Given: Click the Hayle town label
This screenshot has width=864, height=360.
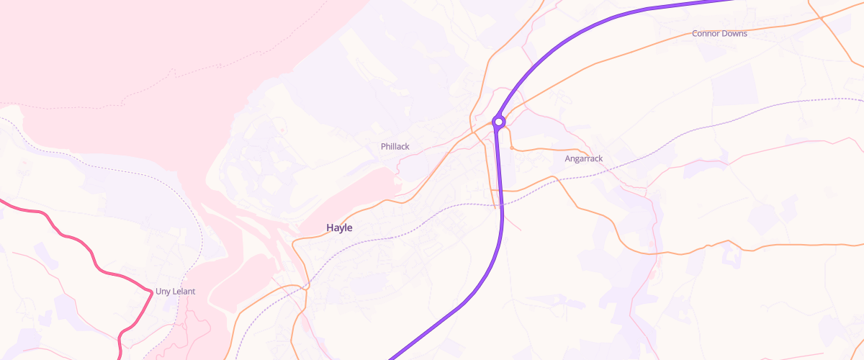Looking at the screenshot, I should (339, 228).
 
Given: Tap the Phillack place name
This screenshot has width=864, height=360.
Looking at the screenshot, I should (395, 147).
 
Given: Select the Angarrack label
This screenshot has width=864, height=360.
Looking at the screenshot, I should (583, 158).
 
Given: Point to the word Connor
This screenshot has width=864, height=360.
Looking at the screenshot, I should (706, 34).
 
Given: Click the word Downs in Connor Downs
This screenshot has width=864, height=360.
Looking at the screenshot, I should (735, 34).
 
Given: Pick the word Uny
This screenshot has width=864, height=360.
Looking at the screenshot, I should (163, 292).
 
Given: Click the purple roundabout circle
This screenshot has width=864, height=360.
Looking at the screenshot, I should (498, 122).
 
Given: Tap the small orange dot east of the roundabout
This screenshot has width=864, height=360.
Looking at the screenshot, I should (511, 148).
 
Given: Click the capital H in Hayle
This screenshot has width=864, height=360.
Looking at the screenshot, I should (330, 228).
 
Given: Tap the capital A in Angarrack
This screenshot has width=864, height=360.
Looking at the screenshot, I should (568, 158).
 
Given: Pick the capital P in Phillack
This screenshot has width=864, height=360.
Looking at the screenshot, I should (383, 147).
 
